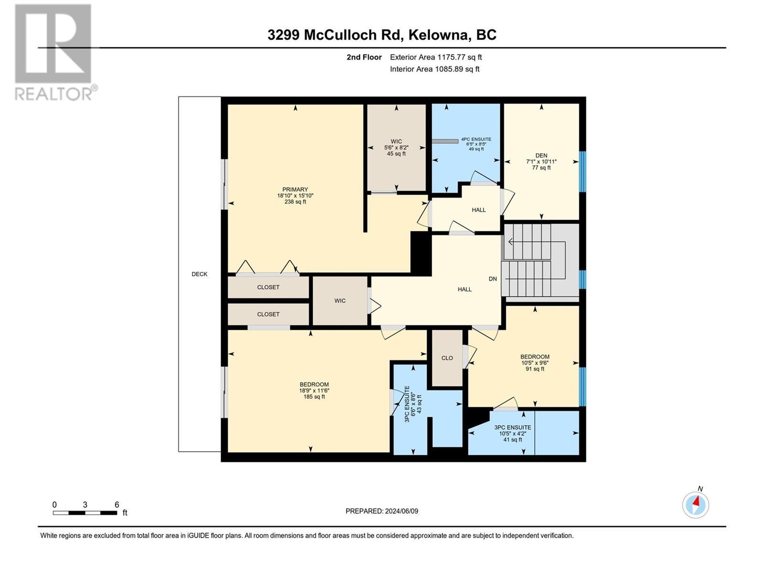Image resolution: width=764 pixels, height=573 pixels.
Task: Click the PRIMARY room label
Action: (295, 190)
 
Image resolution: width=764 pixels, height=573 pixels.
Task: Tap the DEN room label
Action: (541, 156)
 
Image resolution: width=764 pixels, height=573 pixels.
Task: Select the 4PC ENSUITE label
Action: (476, 139)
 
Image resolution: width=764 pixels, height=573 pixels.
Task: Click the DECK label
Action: (200, 274)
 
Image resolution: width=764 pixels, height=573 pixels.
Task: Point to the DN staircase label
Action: (493, 279)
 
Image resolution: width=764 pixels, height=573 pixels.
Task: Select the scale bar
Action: (85, 513)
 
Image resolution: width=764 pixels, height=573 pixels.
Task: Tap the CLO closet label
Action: (447, 358)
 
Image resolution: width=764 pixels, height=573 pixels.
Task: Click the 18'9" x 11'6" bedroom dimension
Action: (314, 391)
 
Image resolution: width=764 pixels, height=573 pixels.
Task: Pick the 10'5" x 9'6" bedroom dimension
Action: (535, 363)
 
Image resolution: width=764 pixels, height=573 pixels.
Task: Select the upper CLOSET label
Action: (268, 287)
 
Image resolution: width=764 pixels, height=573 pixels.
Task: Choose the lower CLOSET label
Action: (268, 314)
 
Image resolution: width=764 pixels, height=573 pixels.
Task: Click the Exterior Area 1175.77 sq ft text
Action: (435, 57)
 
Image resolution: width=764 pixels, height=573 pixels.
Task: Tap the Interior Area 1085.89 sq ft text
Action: (435, 69)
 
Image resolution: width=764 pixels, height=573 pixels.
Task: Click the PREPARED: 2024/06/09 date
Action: (382, 511)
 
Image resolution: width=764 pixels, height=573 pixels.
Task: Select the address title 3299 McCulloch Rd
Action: (382, 35)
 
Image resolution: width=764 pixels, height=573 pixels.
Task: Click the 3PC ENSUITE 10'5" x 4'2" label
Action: (512, 434)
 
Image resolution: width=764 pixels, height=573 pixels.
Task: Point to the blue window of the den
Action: (583, 171)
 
